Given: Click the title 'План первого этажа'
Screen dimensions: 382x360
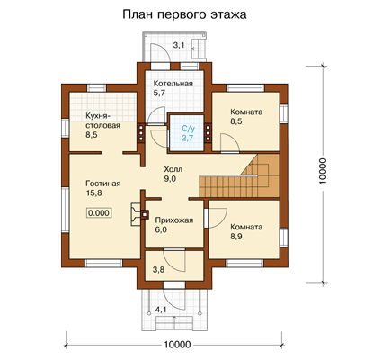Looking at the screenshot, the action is point(184,14).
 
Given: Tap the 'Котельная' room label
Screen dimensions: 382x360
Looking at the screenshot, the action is point(173,84).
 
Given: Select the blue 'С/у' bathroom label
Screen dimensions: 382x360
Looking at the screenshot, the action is point(188,129).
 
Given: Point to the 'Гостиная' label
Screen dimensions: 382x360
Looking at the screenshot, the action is point(103,184).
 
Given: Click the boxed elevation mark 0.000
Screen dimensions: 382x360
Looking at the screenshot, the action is point(99,213).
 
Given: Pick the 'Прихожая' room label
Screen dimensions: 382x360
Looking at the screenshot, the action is point(174,220).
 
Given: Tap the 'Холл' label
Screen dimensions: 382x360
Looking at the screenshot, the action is point(173,169).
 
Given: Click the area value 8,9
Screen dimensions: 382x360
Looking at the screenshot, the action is point(236,237).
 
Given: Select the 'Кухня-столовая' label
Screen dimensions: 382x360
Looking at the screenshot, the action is point(102,121).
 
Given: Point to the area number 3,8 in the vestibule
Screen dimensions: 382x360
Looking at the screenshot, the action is point(158,270).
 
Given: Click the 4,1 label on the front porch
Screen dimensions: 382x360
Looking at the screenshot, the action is point(161,310).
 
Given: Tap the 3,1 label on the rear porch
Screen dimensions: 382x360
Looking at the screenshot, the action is point(179,46).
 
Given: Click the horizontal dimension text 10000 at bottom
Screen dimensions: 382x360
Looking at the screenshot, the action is point(177,345).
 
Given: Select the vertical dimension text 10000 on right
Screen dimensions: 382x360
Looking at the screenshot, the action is point(323,171).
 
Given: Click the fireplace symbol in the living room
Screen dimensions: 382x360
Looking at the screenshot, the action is point(139,214).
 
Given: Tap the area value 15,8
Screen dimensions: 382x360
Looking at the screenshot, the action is point(93,193).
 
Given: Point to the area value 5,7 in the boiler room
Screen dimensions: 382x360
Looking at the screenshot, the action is point(159,93).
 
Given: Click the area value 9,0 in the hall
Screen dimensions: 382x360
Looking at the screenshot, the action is point(170,179).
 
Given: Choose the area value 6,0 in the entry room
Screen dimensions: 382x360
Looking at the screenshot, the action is point(161,230).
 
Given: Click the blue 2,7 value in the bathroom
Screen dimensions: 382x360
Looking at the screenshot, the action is point(188,139).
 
